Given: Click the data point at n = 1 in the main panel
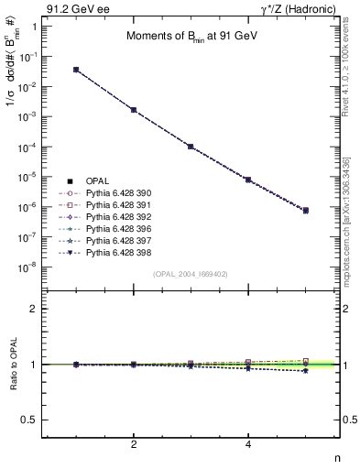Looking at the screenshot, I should point(76,70).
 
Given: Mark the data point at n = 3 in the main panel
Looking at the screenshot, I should point(191,147).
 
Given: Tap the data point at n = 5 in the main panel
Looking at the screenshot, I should point(306,211).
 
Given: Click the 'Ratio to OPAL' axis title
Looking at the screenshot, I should point(12,365).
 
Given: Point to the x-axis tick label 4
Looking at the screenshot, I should point(248,444).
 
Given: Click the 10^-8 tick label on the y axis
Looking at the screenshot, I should point(28,267).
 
